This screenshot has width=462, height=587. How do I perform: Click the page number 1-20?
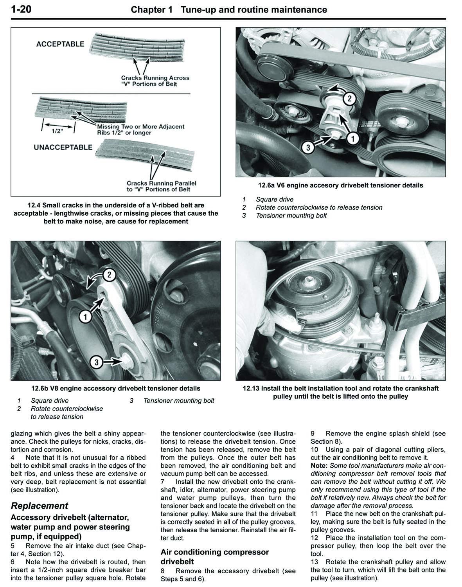point(22,9)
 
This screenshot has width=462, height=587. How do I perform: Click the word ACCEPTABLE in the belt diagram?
point(60,44)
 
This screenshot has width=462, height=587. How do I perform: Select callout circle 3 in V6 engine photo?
point(308,147)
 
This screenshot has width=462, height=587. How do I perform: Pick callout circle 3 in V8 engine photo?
point(97,362)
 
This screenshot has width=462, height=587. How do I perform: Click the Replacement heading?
point(40,506)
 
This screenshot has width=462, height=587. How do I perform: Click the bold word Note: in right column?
point(320,466)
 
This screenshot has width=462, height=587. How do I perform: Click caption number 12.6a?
point(267,185)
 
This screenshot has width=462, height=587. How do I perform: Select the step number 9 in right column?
point(313,434)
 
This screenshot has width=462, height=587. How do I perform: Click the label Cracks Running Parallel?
point(161,183)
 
